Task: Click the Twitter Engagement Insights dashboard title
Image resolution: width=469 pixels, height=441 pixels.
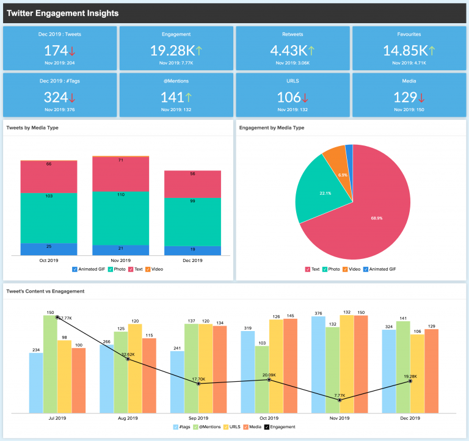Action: [62, 13]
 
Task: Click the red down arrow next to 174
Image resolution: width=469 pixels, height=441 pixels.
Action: [71, 52]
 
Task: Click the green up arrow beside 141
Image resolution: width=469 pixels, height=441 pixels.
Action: [188, 98]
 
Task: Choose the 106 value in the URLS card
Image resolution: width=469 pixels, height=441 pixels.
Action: [288, 98]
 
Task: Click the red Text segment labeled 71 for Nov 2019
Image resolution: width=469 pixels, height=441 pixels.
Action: [120, 174]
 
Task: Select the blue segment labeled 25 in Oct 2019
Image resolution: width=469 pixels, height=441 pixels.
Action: [49, 249]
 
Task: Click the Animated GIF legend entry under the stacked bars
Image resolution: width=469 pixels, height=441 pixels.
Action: [89, 269]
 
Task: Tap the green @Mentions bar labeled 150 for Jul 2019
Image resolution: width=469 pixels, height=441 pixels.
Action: [51, 363]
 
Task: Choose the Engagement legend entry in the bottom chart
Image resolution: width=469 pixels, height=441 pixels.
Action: [282, 427]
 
